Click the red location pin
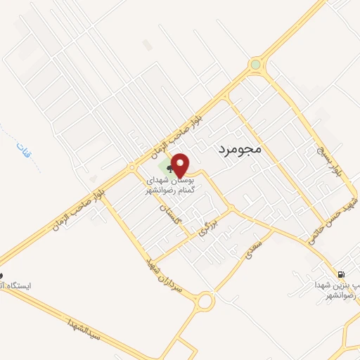tap(180, 165)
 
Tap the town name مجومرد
tap(236, 150)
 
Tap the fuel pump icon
tap(342, 275)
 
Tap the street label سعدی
tap(251, 251)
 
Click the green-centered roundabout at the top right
tap(255, 65)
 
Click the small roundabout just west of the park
tap(131, 168)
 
